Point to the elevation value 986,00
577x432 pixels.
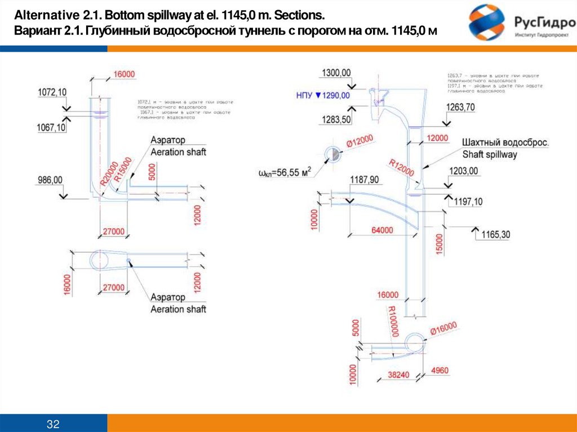[x=50, y=180]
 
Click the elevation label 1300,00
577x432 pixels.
[x=336, y=73]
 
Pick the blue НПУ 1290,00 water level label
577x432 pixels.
[x=323, y=96]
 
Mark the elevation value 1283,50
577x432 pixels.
[x=336, y=119]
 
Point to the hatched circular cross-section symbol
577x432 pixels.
[x=332, y=154]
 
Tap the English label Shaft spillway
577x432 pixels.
[x=489, y=154]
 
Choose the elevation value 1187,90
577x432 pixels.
[x=365, y=180]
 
